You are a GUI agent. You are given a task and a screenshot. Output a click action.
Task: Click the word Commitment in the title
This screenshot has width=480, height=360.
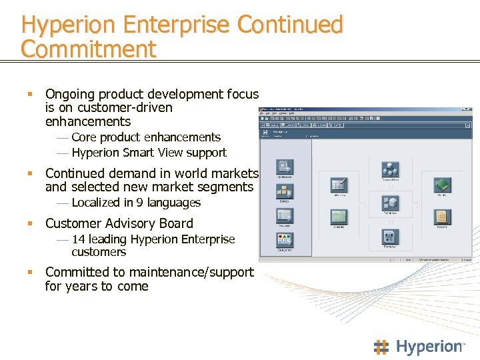(x=88, y=49)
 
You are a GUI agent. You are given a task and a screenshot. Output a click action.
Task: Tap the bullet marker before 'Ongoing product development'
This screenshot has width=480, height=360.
(x=29, y=94)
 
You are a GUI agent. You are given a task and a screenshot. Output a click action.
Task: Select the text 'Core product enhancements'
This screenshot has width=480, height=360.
(x=145, y=137)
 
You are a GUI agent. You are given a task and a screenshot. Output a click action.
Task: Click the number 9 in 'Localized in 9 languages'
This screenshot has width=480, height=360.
(x=140, y=203)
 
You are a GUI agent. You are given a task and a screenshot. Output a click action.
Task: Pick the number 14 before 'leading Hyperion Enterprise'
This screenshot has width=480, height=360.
(x=78, y=239)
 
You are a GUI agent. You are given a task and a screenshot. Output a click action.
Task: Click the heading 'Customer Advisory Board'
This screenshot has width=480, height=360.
(x=119, y=223)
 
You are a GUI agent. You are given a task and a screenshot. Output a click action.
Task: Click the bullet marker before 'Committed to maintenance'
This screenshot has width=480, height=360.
(x=29, y=272)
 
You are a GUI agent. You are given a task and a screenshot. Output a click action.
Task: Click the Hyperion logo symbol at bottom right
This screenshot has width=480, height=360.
(x=381, y=347)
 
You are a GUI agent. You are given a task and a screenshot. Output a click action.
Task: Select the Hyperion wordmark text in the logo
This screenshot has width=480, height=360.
(x=429, y=347)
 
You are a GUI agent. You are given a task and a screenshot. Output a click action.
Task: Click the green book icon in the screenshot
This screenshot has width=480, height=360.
(x=442, y=185)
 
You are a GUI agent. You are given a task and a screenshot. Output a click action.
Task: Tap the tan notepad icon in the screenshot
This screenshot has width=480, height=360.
(x=441, y=217)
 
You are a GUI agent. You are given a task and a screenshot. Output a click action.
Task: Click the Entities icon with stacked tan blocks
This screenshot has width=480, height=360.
(x=284, y=191)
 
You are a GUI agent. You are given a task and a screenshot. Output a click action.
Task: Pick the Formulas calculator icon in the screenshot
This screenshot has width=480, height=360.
(x=390, y=237)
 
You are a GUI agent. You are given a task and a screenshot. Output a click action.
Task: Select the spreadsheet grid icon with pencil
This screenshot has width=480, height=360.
(x=339, y=185)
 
